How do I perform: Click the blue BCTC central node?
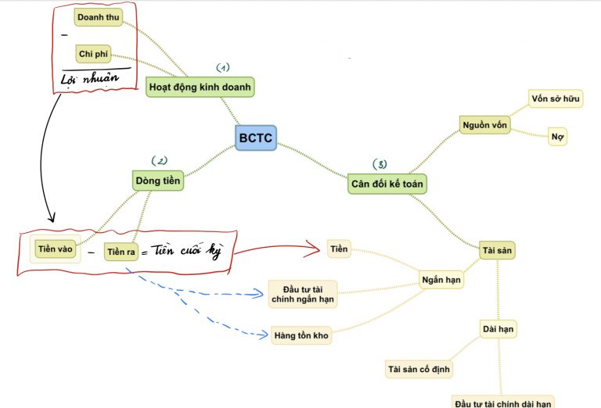pos(256,138)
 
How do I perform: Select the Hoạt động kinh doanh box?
pos(200,87)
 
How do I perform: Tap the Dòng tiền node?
pos(158,181)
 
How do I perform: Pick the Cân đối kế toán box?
pos(387,184)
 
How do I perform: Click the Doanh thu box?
pos(99,17)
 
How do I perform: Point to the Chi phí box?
pos(93,54)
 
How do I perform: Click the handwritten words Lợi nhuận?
pos(90,78)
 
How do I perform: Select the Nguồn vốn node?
pos(485,125)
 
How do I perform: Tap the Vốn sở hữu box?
pos(556,98)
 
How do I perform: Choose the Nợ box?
pos(557,137)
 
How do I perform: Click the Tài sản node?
pos(497,250)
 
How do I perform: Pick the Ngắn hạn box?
pos(441,280)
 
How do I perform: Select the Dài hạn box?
pos(498,329)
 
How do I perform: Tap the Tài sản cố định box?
pos(419,370)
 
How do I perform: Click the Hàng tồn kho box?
pos(301,335)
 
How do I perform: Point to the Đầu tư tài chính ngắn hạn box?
pos(303,294)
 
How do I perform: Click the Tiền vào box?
pos(56,249)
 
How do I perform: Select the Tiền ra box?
pos(121,252)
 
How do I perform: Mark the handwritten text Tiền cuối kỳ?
pos(188,251)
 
